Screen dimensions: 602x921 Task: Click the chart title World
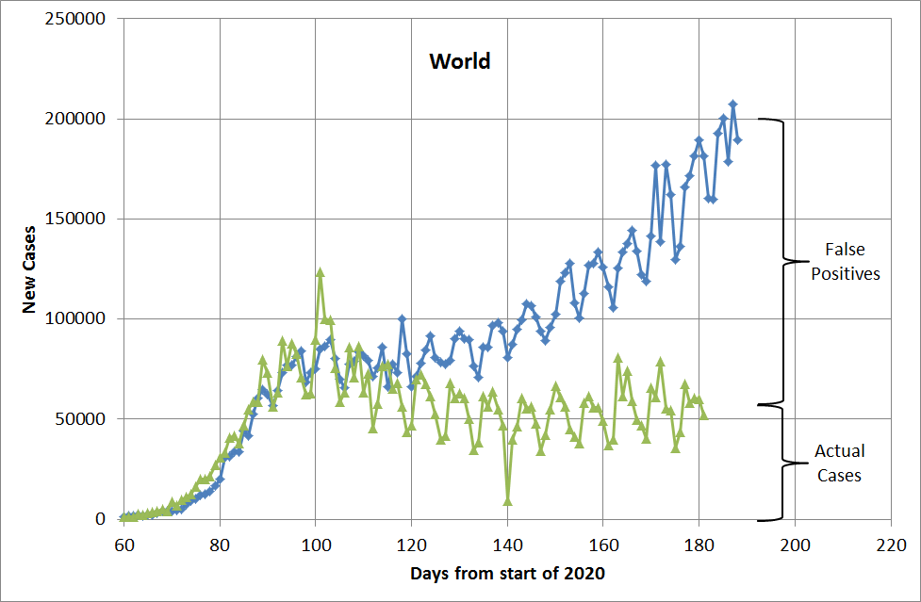[460, 62]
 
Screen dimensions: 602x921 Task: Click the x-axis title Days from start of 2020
[507, 573]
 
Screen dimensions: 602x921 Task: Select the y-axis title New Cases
[29, 269]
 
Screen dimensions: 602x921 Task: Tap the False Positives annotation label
[845, 262]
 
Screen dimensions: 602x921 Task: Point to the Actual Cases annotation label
[839, 464]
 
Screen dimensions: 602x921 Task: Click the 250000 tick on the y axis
[76, 20]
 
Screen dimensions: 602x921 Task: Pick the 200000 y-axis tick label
[76, 120]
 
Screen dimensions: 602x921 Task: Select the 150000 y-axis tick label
[76, 220]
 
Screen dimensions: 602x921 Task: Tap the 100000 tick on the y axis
[76, 319]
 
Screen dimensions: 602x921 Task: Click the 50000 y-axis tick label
[81, 419]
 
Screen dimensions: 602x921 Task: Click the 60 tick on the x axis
[123, 545]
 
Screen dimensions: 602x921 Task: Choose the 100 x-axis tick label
[316, 545]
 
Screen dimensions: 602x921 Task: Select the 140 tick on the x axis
[507, 545]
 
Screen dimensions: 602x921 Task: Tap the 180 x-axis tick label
[699, 545]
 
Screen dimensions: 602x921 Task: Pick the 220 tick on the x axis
[891, 545]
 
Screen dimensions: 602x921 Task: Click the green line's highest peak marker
[321, 272]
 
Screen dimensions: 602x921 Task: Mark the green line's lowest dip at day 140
[507, 500]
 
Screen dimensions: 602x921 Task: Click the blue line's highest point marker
[732, 105]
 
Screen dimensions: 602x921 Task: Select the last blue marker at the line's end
[738, 140]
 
